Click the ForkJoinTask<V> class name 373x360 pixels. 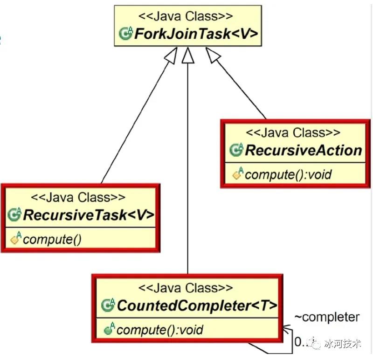point(195,34)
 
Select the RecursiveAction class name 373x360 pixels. point(303,150)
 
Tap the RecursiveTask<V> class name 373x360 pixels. point(88,215)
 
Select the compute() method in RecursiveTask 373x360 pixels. point(52,240)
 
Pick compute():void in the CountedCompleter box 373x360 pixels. point(159,330)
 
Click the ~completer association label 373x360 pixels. point(327,318)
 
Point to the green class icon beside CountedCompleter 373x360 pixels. point(108,306)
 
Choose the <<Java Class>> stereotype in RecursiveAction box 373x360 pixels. point(293,133)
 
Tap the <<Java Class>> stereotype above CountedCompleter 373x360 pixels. point(186,289)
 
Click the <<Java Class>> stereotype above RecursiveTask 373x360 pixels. point(79,198)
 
